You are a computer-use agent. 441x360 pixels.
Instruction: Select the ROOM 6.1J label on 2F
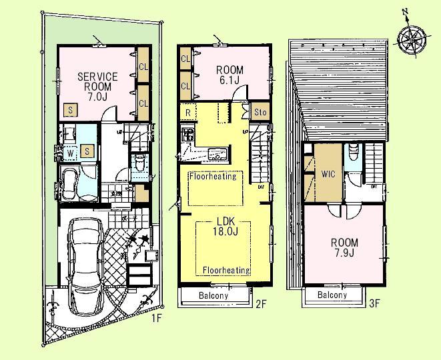pos(229,75)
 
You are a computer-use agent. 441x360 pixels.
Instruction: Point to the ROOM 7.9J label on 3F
pos(344,248)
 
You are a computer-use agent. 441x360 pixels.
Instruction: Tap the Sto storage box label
pos(260,113)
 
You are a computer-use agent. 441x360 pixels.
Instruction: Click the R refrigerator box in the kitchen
pos(189,113)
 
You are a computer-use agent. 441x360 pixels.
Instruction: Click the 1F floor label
pos(156,318)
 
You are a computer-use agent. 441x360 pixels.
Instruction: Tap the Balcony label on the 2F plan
pos(212,295)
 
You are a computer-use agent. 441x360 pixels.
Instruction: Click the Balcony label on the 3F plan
pos(332,295)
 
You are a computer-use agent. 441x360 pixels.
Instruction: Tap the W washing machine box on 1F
pos(69,151)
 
